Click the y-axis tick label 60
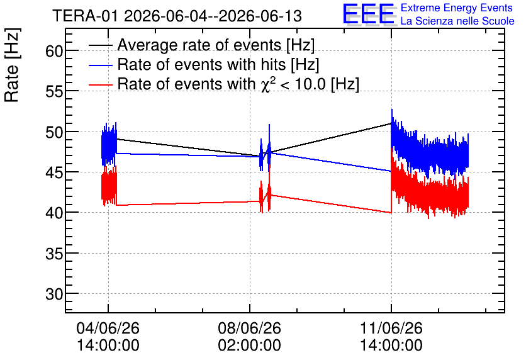point(54,52)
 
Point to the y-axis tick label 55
point(54,92)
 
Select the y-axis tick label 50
point(54,132)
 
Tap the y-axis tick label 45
point(54,172)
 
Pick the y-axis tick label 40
point(54,213)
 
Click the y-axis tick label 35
point(54,254)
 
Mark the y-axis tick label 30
point(54,295)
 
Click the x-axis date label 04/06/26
point(108,328)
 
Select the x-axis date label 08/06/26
point(250,328)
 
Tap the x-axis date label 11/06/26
point(391,328)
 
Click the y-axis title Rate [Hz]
point(12,65)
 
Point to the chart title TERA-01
point(85,16)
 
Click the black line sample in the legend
point(100,45)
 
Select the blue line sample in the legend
point(100,65)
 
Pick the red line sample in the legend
point(100,84)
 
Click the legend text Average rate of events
point(199,45)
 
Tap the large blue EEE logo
point(369,14)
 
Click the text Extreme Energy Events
point(457,8)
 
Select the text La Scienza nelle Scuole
point(457,21)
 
